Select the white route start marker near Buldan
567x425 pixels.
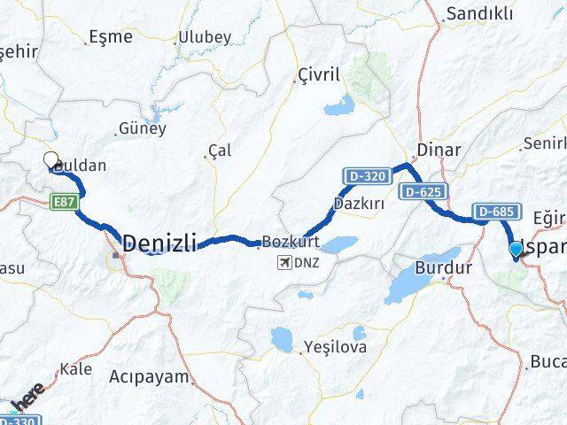click(x=50, y=160)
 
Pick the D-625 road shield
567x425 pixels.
click(x=422, y=191)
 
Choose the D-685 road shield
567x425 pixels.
click(x=494, y=211)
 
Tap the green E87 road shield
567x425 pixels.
click(x=64, y=202)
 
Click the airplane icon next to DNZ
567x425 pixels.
click(x=285, y=263)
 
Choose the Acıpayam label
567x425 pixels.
click(x=150, y=376)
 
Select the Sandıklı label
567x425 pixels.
click(x=479, y=13)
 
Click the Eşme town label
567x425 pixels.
click(x=112, y=37)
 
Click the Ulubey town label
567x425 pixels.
click(x=206, y=36)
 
